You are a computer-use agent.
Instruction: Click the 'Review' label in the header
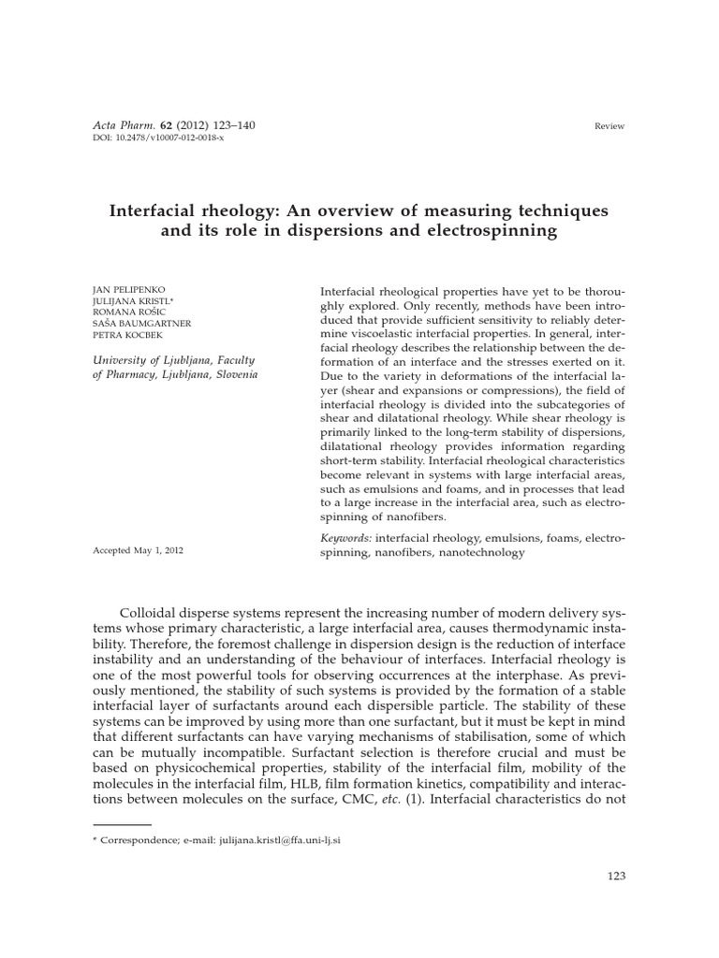coord(609,126)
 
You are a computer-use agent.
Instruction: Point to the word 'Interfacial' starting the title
coord(158,210)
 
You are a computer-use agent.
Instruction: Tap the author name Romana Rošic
coord(128,313)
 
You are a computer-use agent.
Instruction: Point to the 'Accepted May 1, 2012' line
coord(139,551)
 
